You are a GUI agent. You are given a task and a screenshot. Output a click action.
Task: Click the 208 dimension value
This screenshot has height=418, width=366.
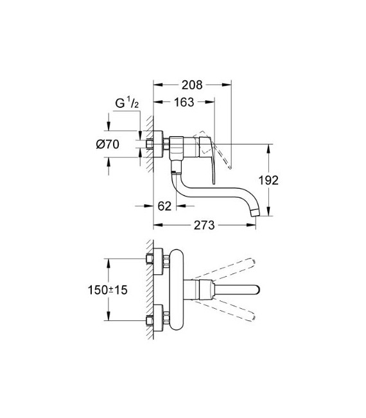(192, 85)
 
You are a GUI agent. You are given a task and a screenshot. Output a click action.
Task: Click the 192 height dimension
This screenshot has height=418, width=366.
(270, 181)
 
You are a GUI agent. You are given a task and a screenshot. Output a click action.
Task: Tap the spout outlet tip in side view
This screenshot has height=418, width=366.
(257, 211)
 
